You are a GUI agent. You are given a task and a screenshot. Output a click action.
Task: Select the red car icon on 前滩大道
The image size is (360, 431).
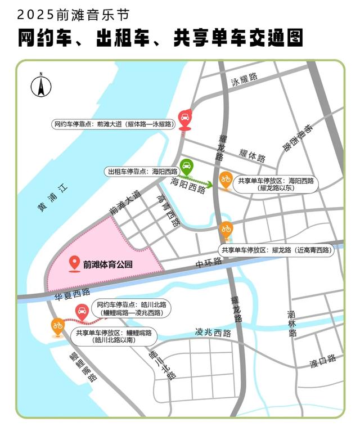tap(184, 118)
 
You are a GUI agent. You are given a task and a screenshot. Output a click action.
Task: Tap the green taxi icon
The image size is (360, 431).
tap(186, 167)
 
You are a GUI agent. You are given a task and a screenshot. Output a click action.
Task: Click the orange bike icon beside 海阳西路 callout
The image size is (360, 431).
tap(226, 180)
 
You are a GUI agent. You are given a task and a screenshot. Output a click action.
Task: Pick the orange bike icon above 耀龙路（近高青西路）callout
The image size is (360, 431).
tap(226, 230)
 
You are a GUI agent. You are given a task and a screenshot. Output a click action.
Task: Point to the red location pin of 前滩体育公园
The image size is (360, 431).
tap(73, 263)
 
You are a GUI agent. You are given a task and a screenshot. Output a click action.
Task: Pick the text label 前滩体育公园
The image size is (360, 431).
tap(108, 263)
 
